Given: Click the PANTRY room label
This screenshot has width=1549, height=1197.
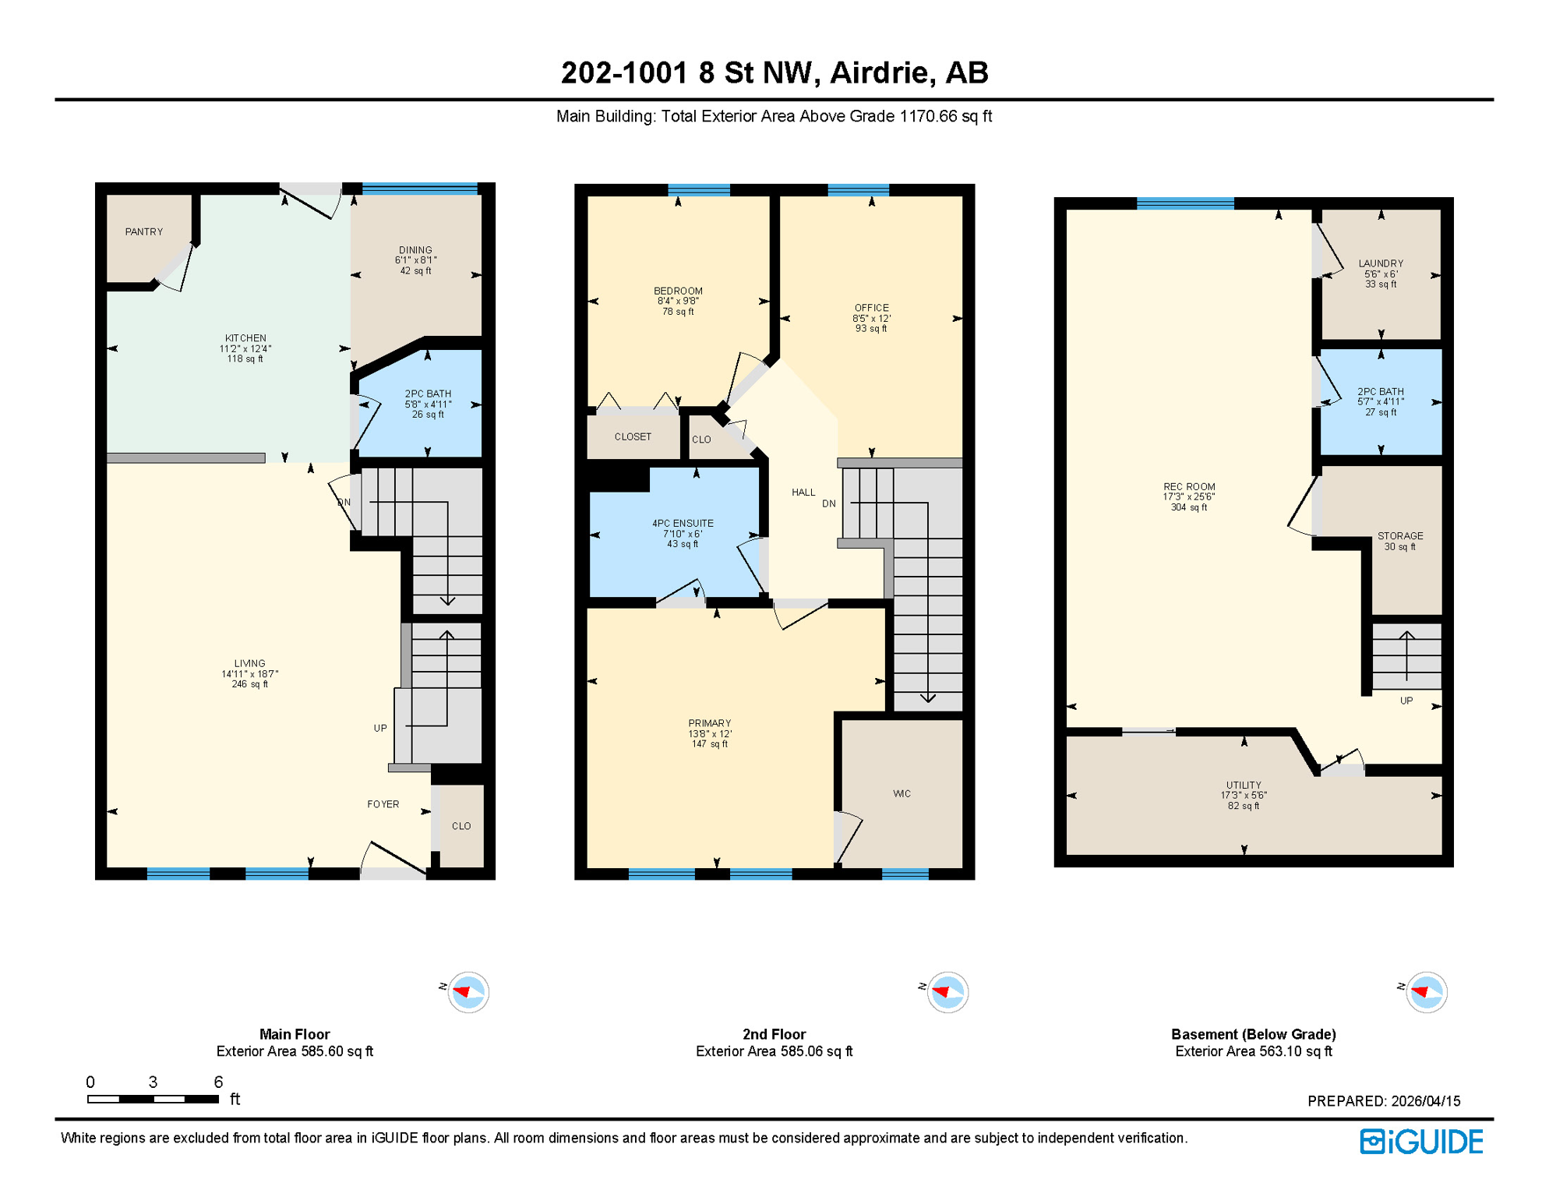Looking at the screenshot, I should pos(144,231).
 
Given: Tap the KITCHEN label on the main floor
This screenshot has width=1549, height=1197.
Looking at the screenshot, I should pos(245,338).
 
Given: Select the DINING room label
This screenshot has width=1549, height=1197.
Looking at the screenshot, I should pos(415,250).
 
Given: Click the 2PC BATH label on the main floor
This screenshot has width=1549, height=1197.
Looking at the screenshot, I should pos(428,394).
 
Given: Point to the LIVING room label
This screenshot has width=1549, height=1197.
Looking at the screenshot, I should pos(249,663).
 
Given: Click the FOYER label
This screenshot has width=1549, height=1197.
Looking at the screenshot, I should pos(383,804).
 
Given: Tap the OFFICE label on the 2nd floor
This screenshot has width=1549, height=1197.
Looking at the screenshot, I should pos(871,308).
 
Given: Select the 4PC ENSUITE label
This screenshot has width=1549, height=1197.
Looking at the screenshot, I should pos(683,524).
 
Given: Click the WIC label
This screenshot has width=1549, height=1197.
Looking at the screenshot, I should pos(902,793).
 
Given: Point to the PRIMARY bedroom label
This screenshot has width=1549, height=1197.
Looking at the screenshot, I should pos(709,723).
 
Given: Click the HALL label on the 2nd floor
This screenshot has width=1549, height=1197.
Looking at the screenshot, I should pos(803,493).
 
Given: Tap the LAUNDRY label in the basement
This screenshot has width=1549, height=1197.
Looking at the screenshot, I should pos(1381,263).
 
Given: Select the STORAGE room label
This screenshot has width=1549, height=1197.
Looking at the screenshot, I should pos(1400,536).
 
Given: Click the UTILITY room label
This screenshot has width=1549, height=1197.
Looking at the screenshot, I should pos(1244,786).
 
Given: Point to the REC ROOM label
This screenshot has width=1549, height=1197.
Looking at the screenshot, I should pos(1189,487).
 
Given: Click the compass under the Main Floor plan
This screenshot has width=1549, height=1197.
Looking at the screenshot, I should pos(468,992).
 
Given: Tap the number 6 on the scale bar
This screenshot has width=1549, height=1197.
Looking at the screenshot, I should pos(218,1082).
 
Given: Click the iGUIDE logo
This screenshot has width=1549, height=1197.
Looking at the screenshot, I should pos(1421,1142).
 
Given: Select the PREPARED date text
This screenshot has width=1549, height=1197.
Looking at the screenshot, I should pos(1384,1101).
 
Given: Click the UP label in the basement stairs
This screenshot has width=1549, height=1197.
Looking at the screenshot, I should pos(1406,701).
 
